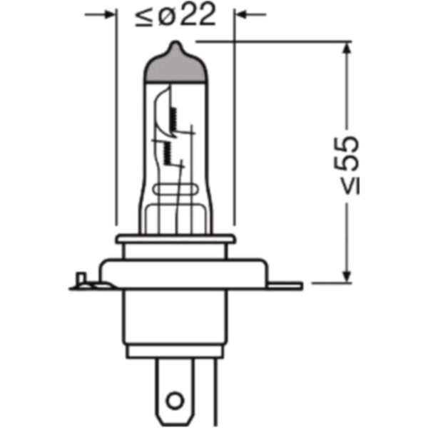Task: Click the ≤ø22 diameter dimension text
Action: pyautogui.click(x=175, y=16)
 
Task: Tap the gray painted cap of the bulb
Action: pyautogui.click(x=175, y=68)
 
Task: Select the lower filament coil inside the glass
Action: pyautogui.click(x=166, y=151)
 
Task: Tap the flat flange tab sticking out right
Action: pyautogui.click(x=290, y=286)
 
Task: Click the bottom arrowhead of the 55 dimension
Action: pyautogui.click(x=347, y=278)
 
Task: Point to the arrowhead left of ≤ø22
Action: pyautogui.click(x=107, y=14)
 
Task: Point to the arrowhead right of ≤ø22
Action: pyautogui.click(x=243, y=14)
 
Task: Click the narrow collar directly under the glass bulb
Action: pyautogui.click(x=175, y=245)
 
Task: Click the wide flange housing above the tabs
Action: pyautogui.click(x=175, y=271)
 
